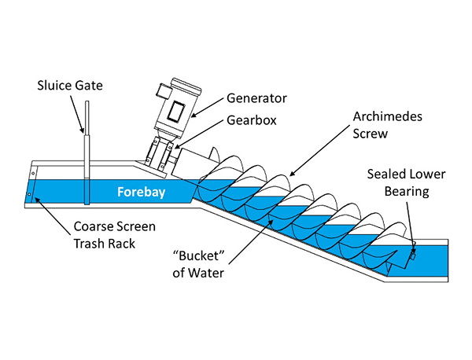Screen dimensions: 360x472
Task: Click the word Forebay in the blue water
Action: [140, 191]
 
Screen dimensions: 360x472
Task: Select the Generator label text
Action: [256, 99]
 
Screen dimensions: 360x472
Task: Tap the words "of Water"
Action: [193, 274]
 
